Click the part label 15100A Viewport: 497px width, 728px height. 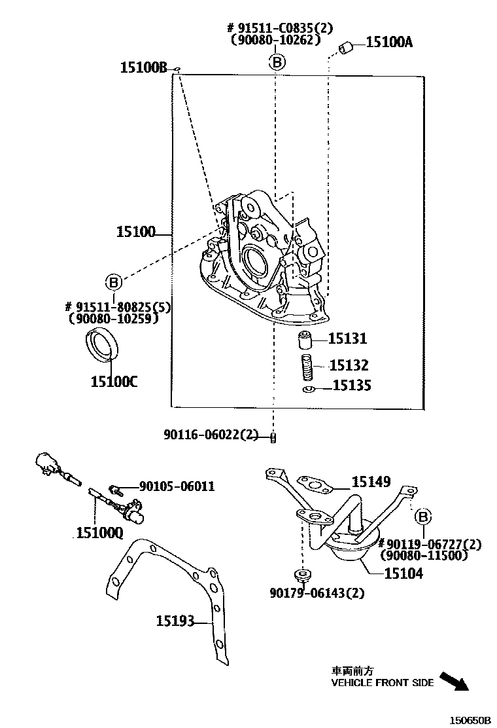[389, 43]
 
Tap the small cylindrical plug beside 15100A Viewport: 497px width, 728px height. [347, 46]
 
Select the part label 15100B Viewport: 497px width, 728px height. [144, 67]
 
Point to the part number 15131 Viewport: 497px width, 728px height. [347, 338]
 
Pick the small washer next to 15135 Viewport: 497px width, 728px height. [309, 390]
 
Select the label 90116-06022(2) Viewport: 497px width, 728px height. [211, 435]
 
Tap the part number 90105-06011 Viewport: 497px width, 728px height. [177, 486]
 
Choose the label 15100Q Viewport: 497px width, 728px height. [99, 533]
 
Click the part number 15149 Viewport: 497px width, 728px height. [371, 482]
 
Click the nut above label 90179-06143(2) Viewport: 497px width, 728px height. [302, 577]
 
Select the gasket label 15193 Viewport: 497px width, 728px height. [175, 620]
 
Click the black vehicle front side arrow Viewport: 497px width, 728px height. [454, 681]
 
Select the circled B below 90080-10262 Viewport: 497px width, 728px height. [277, 62]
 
